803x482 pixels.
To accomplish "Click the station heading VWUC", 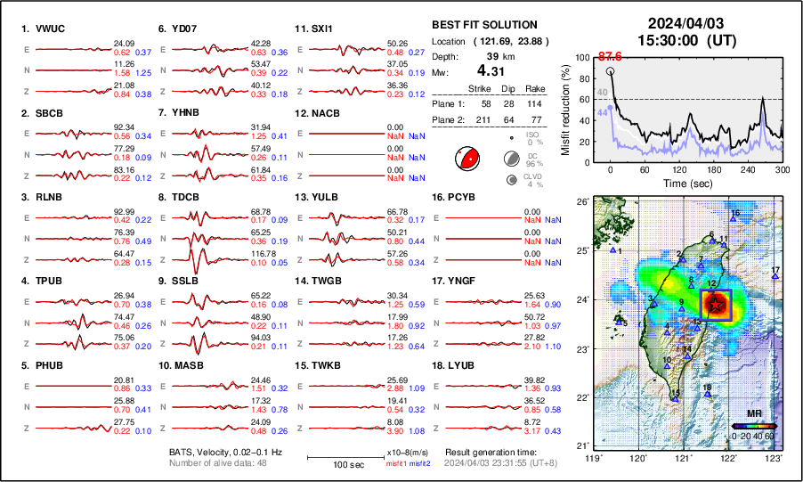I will pyautogui.click(x=44, y=29).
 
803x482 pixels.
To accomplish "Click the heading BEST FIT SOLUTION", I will pyautogui.click(x=484, y=25).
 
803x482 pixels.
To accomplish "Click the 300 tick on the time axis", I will pyautogui.click(x=782, y=169).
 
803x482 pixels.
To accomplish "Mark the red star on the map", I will pyautogui.click(x=715, y=305).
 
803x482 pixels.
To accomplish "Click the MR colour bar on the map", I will pyautogui.click(x=753, y=426).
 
